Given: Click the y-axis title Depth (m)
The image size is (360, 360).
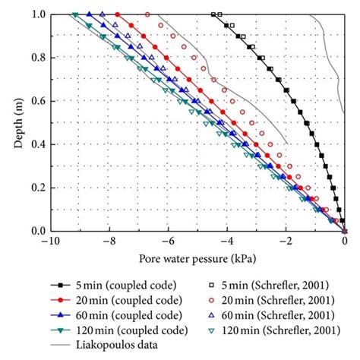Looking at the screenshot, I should pos(17,122).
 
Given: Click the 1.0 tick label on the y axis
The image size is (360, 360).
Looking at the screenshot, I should pos(36,14).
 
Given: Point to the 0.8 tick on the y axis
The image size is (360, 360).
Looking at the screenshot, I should pos(36,58).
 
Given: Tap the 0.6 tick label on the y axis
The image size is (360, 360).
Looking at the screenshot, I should pos(36,101).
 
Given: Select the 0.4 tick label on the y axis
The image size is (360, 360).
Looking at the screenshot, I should pos(36,144).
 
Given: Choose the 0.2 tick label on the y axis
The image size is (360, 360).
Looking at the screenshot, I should pos(36,188).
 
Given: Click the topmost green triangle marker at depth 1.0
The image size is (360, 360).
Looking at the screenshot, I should pos(74,14).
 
